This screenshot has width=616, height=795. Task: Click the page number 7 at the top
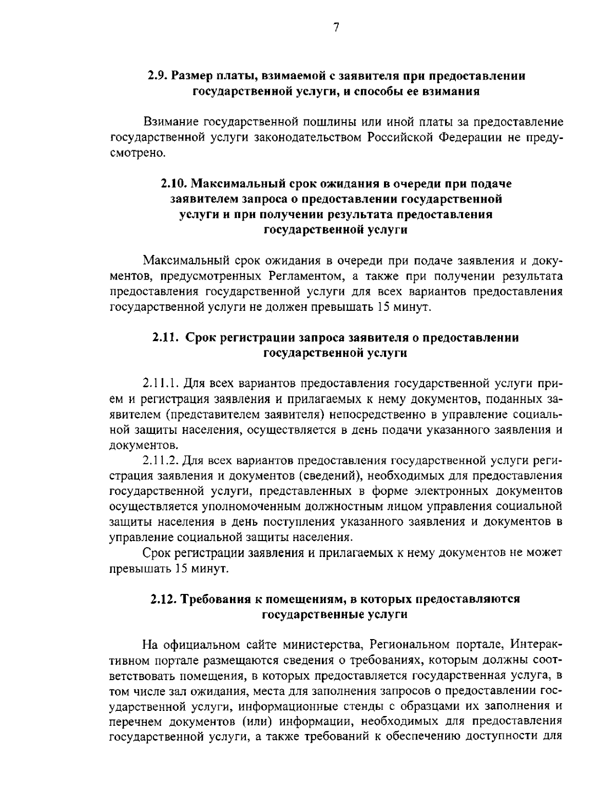click(x=336, y=28)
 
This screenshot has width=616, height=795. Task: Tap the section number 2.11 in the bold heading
click(x=165, y=337)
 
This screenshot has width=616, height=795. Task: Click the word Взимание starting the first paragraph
click(x=171, y=123)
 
